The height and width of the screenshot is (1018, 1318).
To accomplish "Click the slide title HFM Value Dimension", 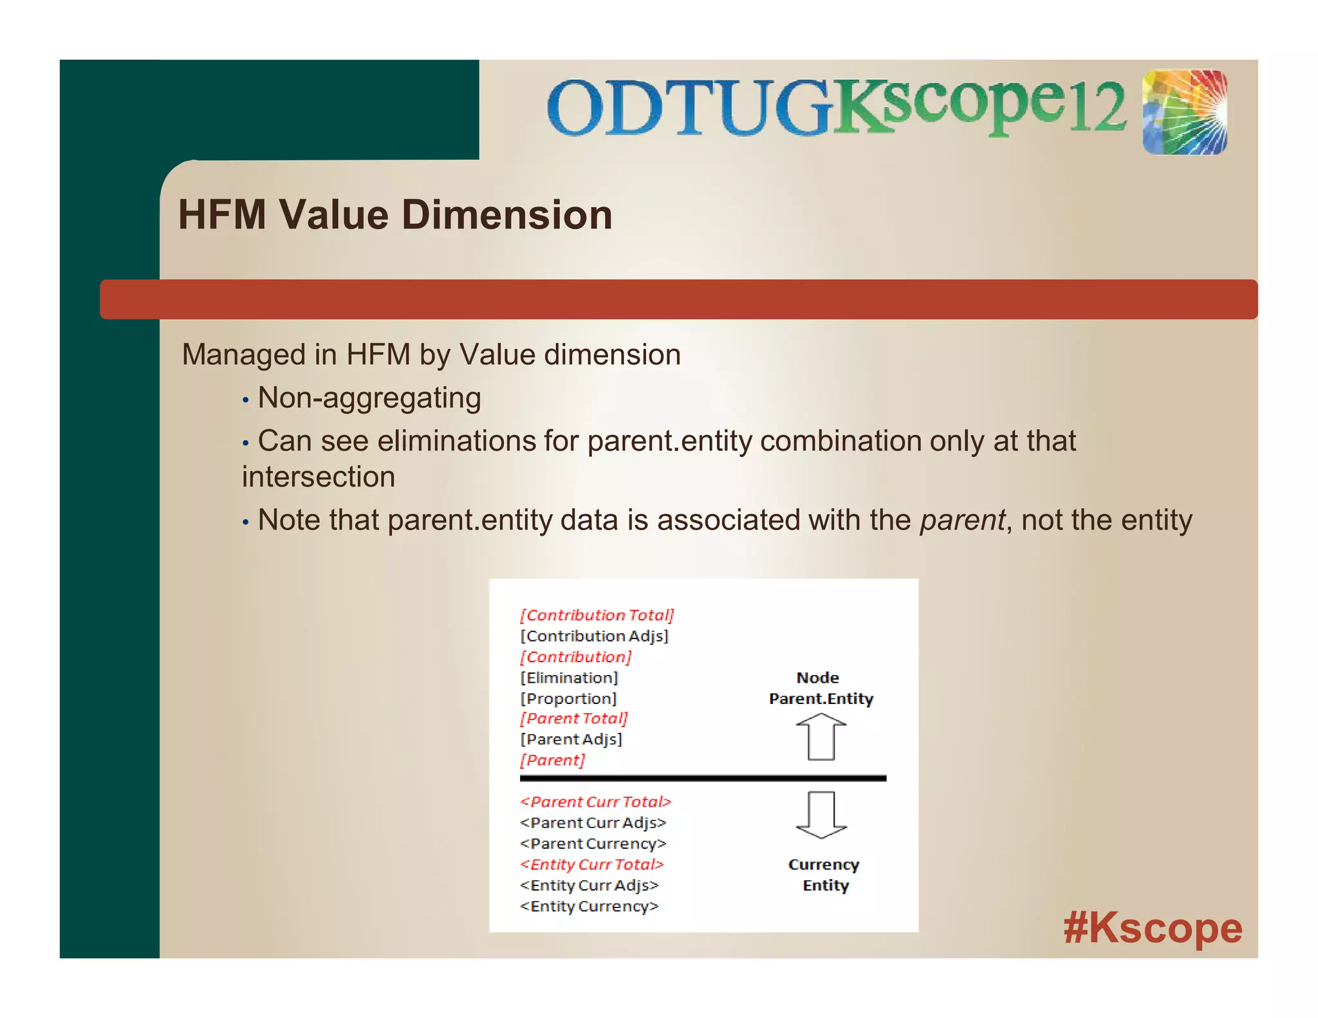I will pos(395,215).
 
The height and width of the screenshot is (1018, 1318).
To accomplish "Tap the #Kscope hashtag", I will pos(1152,928).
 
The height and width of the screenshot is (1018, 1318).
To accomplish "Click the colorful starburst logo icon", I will pos(1184,113).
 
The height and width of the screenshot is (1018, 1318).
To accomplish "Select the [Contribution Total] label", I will pos(597,615).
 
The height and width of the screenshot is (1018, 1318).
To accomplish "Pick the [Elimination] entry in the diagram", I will pos(569,678).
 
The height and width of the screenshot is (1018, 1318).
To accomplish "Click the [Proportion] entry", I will pos(568,699).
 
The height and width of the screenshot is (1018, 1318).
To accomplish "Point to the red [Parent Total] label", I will pos(573,719).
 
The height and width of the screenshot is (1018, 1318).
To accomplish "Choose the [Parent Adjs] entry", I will pos(571,739).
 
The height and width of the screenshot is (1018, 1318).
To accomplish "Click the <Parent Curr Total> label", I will pos(595,802).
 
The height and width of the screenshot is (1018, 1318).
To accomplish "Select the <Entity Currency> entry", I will pos(589,906).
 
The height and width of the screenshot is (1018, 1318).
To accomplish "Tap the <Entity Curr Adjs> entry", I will pos(589,885).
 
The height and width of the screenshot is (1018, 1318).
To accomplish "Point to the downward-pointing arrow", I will pos(821,815).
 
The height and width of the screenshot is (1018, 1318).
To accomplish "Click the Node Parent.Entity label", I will pos(821,689).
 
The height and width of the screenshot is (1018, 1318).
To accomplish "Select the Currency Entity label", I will pos(824,875).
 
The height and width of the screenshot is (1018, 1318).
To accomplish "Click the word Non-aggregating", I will pos(369,398).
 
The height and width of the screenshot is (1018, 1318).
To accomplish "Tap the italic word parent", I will pos(962,520).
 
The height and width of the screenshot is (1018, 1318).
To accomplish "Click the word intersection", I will pos(319,477).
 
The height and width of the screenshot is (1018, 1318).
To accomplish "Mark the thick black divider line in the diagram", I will pos(703,779).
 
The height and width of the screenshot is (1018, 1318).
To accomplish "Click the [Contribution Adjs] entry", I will pos(594,636).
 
